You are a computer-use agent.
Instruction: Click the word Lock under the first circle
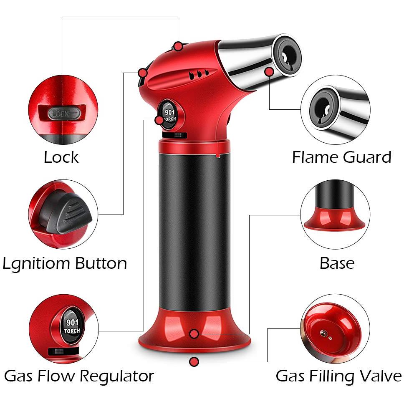tap(61, 157)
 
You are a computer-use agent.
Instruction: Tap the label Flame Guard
tap(342, 157)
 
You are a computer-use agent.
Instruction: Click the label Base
tap(337, 263)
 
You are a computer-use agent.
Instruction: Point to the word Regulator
tap(117, 376)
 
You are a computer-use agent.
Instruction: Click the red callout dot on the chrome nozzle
tap(269, 72)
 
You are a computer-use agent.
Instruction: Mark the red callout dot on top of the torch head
tap(178, 47)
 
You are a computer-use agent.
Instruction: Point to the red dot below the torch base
tap(194, 362)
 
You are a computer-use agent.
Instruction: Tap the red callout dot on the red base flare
tap(194, 334)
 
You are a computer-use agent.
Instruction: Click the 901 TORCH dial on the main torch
tap(170, 115)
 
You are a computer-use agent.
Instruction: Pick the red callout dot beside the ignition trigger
tap(142, 73)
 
